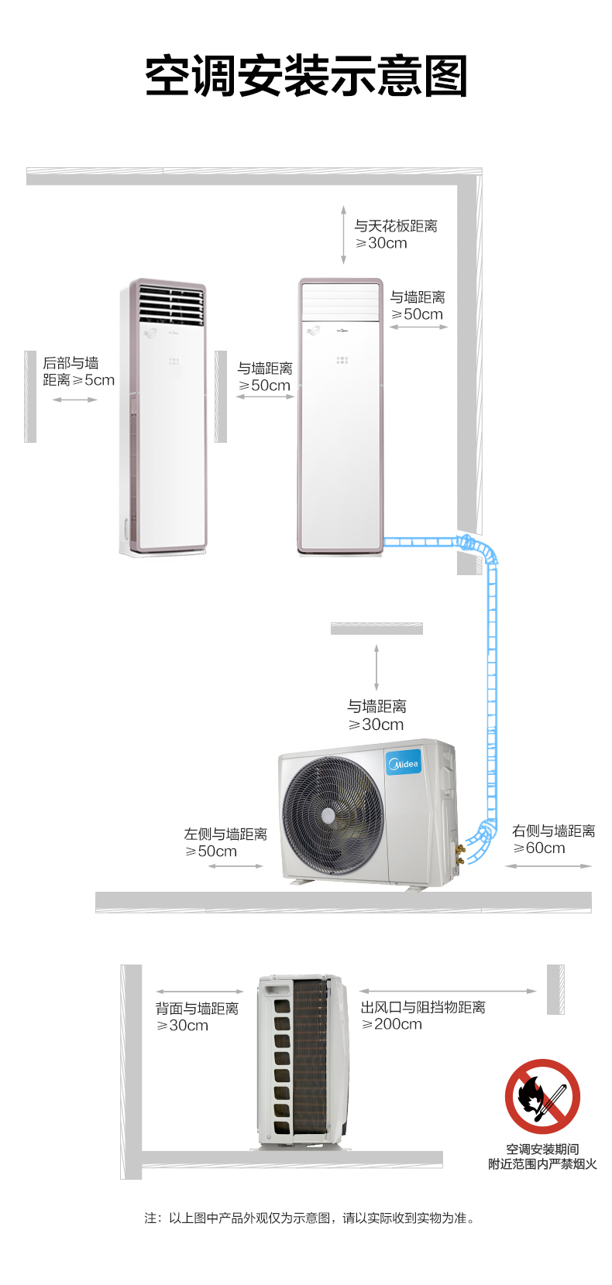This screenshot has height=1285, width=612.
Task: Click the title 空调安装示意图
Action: (x=306, y=76)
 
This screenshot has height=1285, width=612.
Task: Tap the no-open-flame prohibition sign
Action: (x=542, y=1096)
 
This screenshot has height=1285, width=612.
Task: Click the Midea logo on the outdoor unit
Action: (x=404, y=763)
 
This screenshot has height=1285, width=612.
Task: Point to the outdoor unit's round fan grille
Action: (x=333, y=815)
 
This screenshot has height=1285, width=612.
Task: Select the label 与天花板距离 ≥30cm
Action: (x=396, y=235)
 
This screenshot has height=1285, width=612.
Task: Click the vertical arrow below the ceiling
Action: (x=343, y=235)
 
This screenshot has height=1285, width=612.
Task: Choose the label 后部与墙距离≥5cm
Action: (x=79, y=372)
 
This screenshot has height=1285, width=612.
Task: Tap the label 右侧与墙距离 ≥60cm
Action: (x=553, y=839)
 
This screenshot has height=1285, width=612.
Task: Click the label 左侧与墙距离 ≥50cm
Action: (x=225, y=843)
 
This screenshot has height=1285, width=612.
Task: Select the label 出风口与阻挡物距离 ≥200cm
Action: (x=423, y=1016)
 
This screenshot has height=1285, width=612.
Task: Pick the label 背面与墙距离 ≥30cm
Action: (x=197, y=1017)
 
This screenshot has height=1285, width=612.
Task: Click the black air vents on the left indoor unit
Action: (x=171, y=305)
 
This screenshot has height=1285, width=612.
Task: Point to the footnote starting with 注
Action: (x=310, y=1218)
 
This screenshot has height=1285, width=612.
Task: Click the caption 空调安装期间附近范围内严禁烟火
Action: (x=542, y=1156)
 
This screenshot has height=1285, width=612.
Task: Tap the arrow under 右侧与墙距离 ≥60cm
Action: (x=548, y=865)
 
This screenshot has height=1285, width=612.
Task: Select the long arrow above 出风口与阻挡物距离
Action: (x=448, y=991)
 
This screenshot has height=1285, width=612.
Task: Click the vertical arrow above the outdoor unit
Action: (x=376, y=667)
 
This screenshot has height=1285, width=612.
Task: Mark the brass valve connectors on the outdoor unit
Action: (x=459, y=854)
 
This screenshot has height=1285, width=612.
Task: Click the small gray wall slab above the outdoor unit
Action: (x=376, y=628)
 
